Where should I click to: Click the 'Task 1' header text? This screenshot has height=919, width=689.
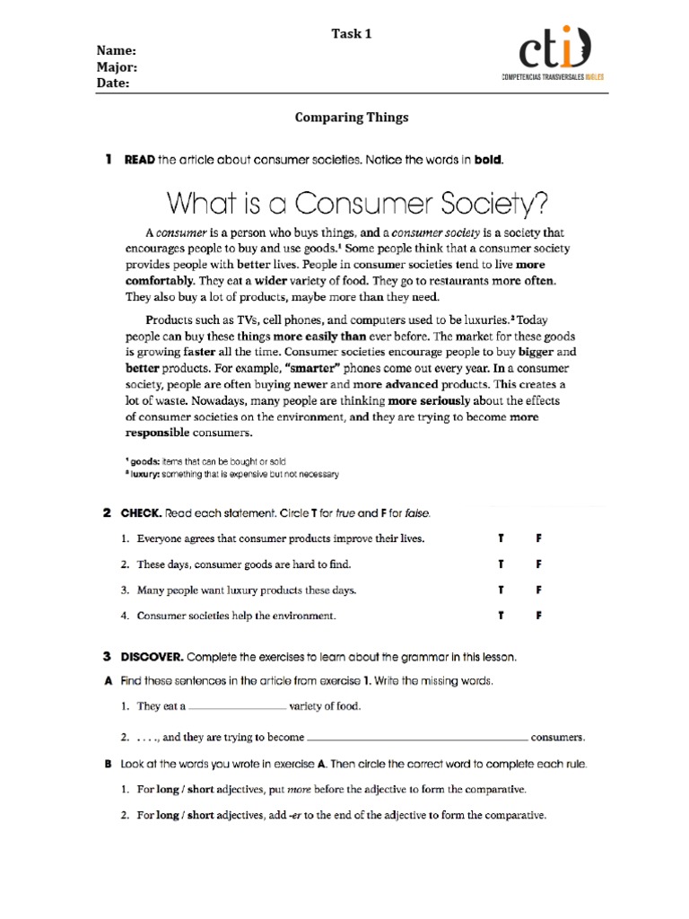[x=351, y=34]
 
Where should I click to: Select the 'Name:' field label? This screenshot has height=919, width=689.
[x=116, y=51]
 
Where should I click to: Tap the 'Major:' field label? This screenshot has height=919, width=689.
[x=118, y=67]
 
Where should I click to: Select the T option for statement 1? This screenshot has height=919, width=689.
[x=501, y=539]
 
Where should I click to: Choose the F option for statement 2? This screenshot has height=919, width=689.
[x=540, y=565]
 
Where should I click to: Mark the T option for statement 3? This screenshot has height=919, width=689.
[x=501, y=591]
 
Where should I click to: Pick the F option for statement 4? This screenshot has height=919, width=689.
[x=540, y=616]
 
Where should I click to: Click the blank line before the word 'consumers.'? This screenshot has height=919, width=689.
[x=417, y=740]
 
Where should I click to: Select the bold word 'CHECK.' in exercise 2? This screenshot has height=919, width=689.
[x=144, y=513]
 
